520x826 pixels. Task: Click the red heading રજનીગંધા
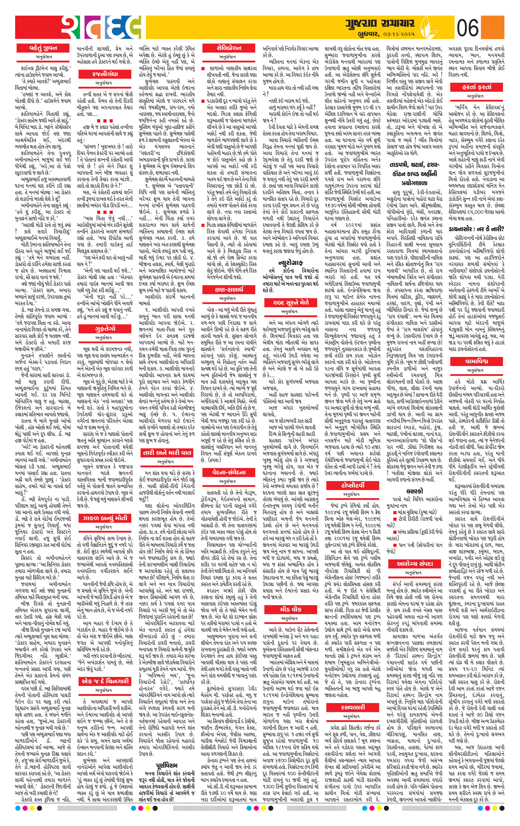(105, 74)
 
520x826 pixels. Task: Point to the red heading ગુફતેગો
(105, 328)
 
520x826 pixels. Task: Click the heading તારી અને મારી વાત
(167, 452)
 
